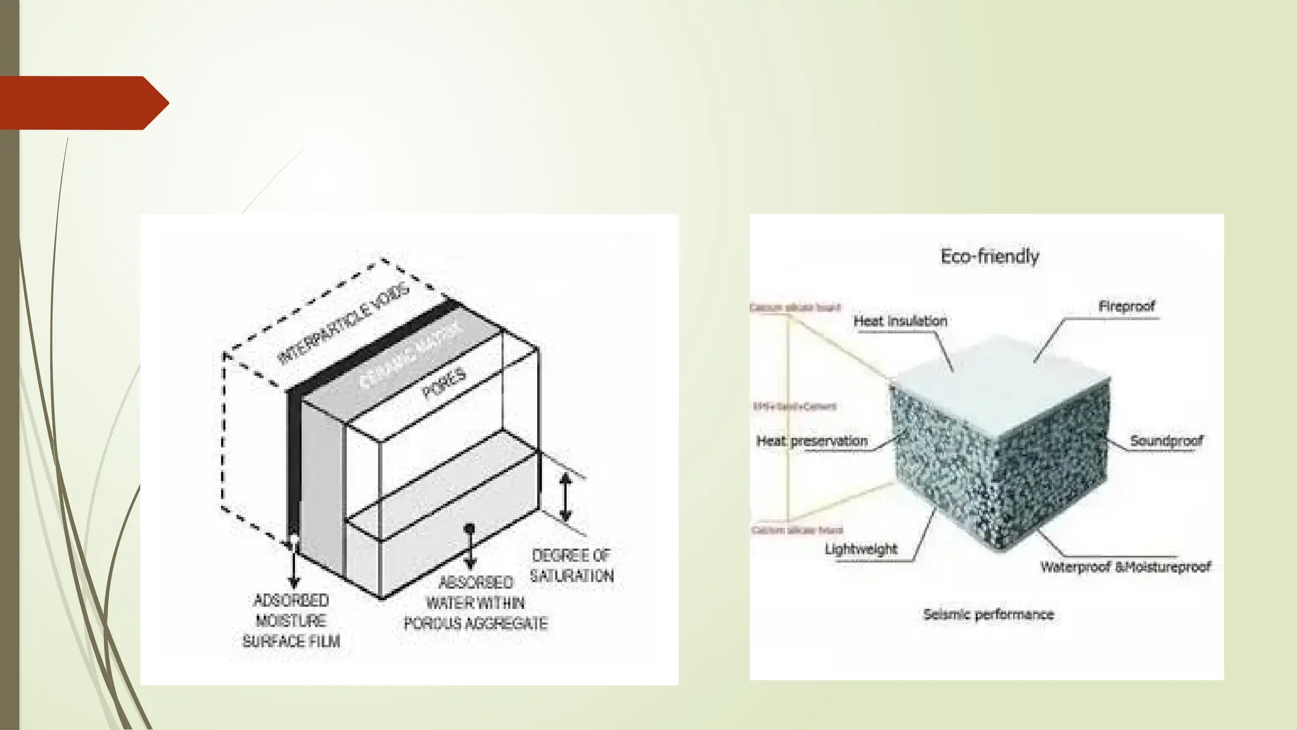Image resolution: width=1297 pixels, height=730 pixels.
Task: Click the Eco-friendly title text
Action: (x=989, y=256)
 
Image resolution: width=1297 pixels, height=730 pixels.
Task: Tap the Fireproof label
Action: (x=1126, y=307)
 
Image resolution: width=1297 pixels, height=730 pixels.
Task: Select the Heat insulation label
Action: (x=900, y=321)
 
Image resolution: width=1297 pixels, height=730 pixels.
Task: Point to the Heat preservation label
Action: (x=812, y=441)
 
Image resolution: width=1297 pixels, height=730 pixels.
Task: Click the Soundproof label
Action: (x=1166, y=441)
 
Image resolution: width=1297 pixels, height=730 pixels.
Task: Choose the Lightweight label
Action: (x=861, y=549)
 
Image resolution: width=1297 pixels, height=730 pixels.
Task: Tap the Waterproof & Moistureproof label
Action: (x=1125, y=567)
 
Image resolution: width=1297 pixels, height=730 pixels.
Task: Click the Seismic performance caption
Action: (x=988, y=614)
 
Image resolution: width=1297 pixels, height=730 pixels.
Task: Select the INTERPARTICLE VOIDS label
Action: (x=344, y=323)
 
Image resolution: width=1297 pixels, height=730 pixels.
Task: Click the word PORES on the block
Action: (x=444, y=383)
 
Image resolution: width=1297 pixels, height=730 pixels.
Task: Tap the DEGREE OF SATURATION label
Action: (x=571, y=565)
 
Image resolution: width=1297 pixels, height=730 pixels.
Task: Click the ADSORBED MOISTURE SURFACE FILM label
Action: (x=291, y=620)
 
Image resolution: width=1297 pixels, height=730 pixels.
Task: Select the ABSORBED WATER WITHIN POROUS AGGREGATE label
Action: (x=476, y=603)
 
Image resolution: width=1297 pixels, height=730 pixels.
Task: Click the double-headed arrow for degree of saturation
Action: (x=566, y=498)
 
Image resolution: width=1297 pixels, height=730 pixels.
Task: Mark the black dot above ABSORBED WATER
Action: (x=469, y=528)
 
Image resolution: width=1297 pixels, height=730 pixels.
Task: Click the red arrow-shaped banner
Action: (x=82, y=103)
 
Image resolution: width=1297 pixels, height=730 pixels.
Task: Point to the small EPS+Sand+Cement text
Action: (x=794, y=406)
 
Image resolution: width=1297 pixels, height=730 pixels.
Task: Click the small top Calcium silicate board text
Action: (x=795, y=307)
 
